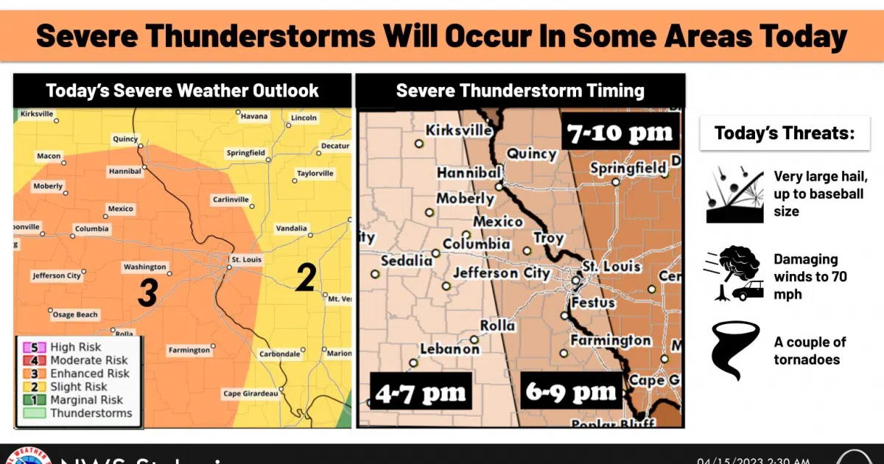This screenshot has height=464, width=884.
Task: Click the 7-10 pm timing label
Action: pyautogui.click(x=620, y=133)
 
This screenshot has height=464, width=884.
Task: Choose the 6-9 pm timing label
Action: pyautogui.click(x=571, y=392)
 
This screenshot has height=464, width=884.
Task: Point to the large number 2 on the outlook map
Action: pyautogui.click(x=306, y=277)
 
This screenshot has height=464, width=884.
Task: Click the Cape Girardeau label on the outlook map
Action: pyautogui.click(x=250, y=394)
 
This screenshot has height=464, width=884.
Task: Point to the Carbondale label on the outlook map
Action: pyautogui.click(x=280, y=354)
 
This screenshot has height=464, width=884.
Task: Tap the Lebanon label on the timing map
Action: pyautogui.click(x=449, y=349)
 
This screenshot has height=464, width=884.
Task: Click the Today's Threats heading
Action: pyautogui.click(x=785, y=134)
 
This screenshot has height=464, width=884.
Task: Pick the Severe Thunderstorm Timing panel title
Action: pyautogui.click(x=520, y=91)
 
